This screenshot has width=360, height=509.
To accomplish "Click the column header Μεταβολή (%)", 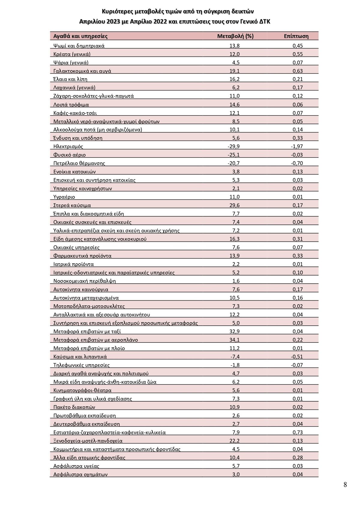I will tap(235, 36).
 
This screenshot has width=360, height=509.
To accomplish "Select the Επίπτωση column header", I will tap(296, 36).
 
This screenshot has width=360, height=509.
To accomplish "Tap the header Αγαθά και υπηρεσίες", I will tap(80, 36).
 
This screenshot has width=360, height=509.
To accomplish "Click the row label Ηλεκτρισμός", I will tap(68, 147).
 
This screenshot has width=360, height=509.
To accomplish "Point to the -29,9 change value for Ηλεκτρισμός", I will tap(234, 147).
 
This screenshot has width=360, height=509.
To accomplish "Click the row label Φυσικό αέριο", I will tap(69, 155).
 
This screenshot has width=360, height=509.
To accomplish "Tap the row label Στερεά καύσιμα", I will tap(72, 205).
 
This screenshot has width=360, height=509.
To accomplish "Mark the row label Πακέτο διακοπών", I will tap(74, 407).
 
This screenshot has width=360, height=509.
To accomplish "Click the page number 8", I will tap(345, 485).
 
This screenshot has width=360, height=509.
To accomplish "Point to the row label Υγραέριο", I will tap(64, 197).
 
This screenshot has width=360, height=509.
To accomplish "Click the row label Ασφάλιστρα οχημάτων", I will tap(80, 474).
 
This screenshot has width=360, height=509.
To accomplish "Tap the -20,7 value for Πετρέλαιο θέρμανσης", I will tap(234, 163).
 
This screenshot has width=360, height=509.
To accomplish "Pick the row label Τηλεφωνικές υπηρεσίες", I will tap(81, 365).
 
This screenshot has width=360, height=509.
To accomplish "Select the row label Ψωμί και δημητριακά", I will tap(79, 46).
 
